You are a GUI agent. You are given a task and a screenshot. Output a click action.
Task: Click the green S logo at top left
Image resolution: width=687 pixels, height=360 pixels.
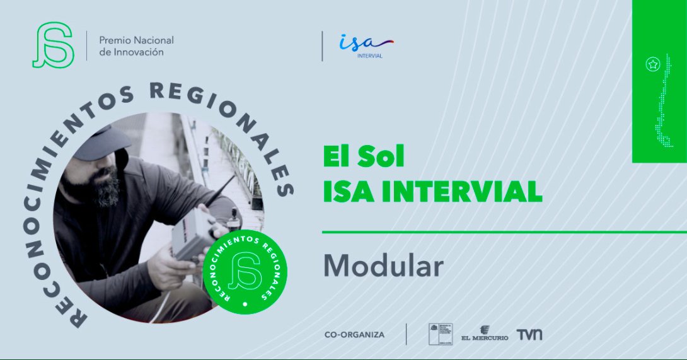point(52,45)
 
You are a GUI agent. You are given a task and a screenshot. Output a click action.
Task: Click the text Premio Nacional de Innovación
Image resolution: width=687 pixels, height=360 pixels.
point(136,46)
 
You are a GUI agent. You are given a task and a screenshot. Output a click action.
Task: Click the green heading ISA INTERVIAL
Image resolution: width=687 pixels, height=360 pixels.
point(432,192)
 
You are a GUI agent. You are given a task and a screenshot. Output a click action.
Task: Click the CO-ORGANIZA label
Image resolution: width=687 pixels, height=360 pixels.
point(354,335)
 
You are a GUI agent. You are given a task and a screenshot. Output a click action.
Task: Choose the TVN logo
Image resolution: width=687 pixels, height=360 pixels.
point(529,334)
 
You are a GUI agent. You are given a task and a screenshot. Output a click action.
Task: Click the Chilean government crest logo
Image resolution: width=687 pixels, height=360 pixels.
point(436,334)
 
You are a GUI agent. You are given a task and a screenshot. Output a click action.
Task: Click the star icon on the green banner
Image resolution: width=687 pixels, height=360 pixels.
point(653,64)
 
